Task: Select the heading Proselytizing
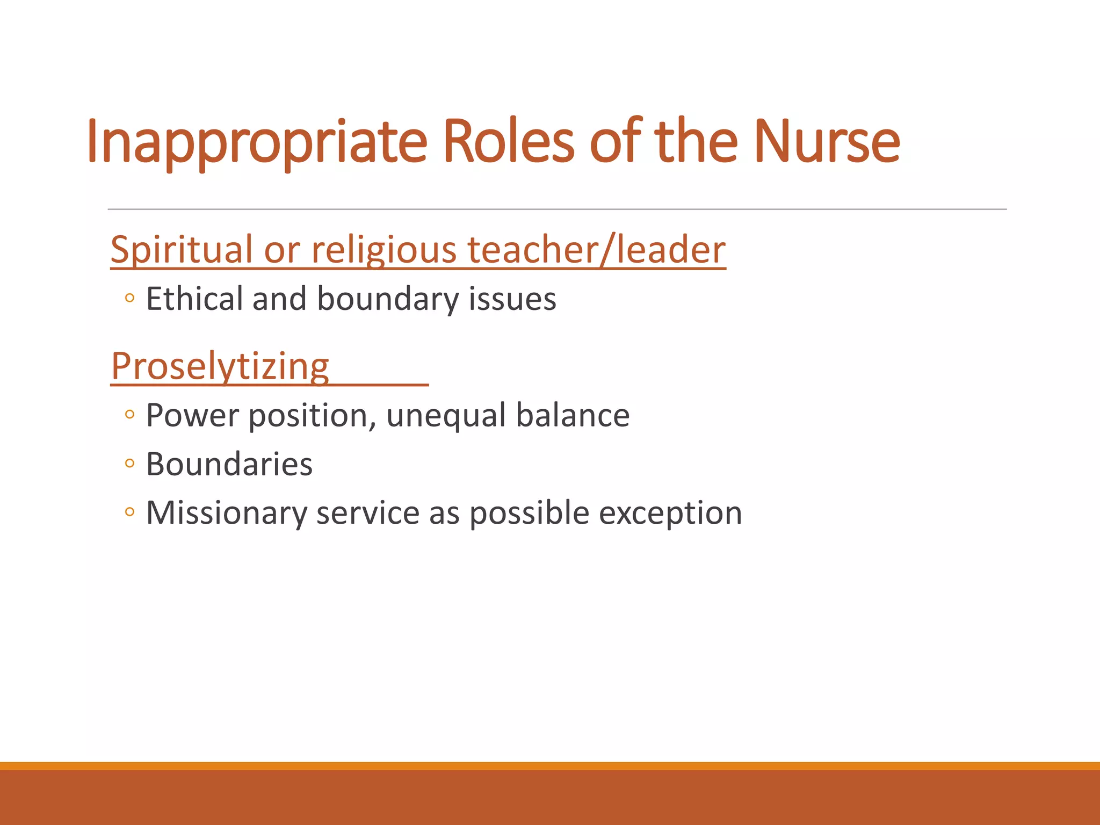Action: point(220,366)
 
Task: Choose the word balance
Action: point(573,415)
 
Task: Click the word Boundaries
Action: point(229,464)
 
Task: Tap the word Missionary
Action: point(226,513)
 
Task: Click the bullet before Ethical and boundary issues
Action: point(129,298)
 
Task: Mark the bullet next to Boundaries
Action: point(129,463)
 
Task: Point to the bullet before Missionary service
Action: point(129,512)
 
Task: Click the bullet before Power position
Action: point(129,414)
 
